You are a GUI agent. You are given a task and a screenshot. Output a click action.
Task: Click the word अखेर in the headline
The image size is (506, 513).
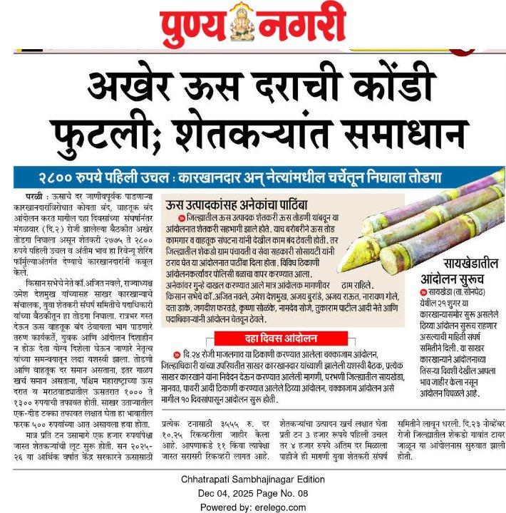click(136, 87)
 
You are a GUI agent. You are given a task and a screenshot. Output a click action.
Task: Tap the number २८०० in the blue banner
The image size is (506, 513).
click(61, 177)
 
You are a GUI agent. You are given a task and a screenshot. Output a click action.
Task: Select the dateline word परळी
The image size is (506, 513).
click(32, 193)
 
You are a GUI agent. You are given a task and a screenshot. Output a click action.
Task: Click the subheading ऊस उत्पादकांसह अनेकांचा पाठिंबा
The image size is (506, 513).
click(232, 204)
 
